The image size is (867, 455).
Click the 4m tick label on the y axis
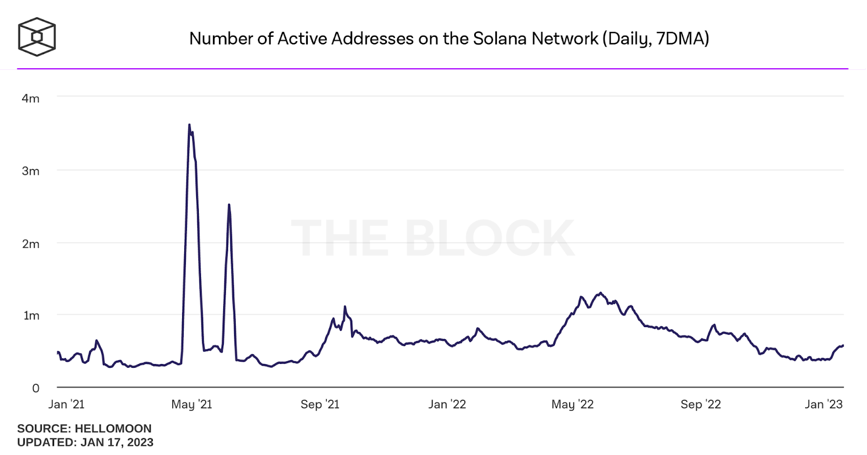pyautogui.click(x=30, y=99)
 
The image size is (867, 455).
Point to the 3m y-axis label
pyautogui.click(x=30, y=171)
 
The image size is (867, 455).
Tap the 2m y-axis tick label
pyautogui.click(x=30, y=244)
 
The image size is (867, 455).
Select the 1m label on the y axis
pyautogui.click(x=31, y=316)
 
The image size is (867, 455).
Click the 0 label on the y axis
pyautogui.click(x=36, y=388)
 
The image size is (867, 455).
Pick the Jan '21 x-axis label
pyautogui.click(x=66, y=405)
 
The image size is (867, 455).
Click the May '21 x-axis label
pyautogui.click(x=191, y=405)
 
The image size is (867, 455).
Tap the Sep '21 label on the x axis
pyautogui.click(x=320, y=405)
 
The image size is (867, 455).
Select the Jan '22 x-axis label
pyautogui.click(x=447, y=405)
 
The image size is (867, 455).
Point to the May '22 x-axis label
pyautogui.click(x=572, y=405)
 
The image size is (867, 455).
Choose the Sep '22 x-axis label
pyautogui.click(x=701, y=405)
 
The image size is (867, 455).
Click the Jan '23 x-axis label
pyautogui.click(x=824, y=405)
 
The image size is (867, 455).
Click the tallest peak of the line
pyautogui.click(x=189, y=125)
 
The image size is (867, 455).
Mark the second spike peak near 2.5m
pyautogui.click(x=229, y=205)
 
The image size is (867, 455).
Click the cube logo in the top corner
pyautogui.click(x=37, y=37)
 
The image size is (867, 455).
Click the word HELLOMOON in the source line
pyautogui.click(x=113, y=428)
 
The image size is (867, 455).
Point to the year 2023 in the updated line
pyautogui.click(x=140, y=443)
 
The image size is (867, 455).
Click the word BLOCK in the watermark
pyautogui.click(x=489, y=238)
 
